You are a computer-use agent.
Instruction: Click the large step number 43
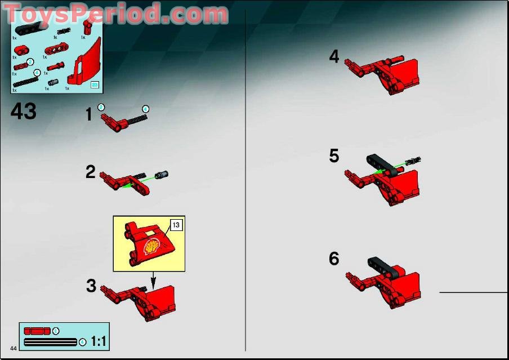24,111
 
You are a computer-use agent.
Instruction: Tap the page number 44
13,347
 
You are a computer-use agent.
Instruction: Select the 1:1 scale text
99,341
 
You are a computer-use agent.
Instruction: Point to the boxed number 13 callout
175,225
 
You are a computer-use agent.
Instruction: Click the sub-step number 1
88,115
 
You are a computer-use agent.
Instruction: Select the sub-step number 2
91,172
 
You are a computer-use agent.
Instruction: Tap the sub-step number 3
91,286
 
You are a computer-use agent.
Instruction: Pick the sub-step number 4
334,57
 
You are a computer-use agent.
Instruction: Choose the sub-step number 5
334,156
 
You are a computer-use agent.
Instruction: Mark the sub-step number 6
334,259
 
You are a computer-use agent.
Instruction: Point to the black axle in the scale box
51,341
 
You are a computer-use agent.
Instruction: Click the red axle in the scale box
37,331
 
